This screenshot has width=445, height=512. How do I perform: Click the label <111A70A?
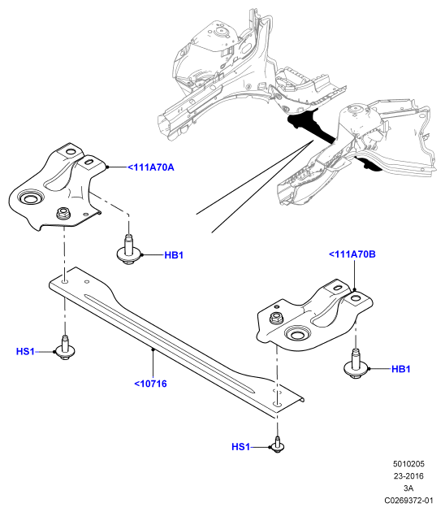click(x=151, y=167)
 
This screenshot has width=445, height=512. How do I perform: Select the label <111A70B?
click(x=352, y=254)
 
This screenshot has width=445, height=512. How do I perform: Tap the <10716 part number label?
click(x=150, y=384)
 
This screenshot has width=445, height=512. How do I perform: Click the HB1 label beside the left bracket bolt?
click(x=174, y=255)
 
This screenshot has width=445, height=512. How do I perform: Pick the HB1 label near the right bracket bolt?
click(x=400, y=369)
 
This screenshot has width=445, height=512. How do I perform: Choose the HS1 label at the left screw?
click(x=25, y=351)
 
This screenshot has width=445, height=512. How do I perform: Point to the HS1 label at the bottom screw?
click(x=240, y=447)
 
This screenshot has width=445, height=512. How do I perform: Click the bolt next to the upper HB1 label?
click(x=129, y=249)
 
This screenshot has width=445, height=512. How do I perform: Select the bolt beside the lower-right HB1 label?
click(x=356, y=364)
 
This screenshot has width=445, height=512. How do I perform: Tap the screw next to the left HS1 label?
click(x=65, y=348)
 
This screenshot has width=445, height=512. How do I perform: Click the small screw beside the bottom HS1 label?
click(x=278, y=445)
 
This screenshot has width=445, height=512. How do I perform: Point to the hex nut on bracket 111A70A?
click(x=63, y=214)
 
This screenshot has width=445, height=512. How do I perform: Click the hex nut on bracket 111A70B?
click(x=277, y=318)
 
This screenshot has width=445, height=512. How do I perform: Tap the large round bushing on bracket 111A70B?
click(x=296, y=334)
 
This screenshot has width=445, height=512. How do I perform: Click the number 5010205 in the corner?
click(x=408, y=464)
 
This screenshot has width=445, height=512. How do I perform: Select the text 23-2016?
click(x=408, y=475)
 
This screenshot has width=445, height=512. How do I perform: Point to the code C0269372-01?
click(x=408, y=501)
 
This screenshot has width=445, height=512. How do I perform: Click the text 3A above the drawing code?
click(x=408, y=488)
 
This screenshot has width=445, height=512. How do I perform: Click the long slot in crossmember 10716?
click(x=169, y=343)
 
